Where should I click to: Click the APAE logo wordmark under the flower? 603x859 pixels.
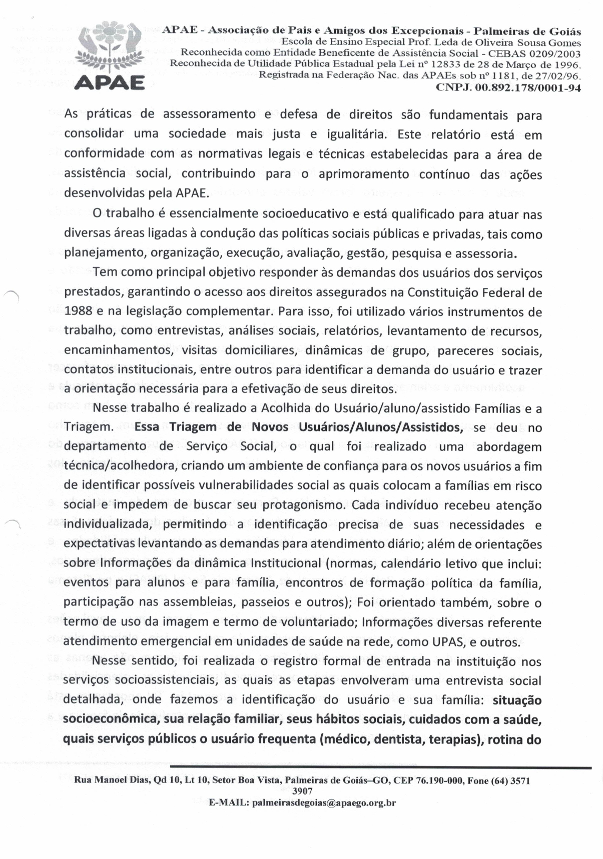point(110,81)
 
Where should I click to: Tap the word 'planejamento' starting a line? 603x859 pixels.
point(104,253)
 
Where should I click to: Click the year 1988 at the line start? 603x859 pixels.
point(78,311)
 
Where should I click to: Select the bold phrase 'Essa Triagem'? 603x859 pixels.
point(176,427)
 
